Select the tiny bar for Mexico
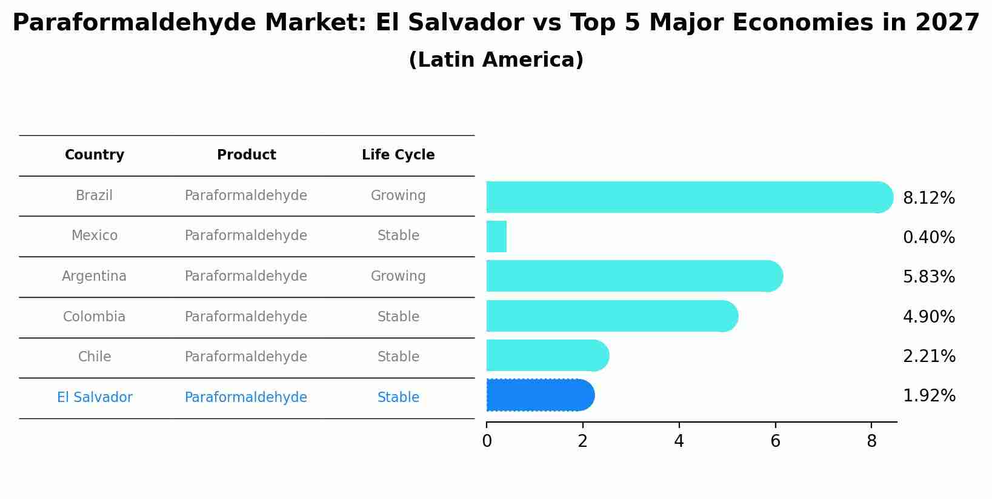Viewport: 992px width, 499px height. [496, 236]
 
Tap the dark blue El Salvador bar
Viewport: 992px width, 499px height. [539, 395]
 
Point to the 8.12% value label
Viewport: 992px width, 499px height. [928, 198]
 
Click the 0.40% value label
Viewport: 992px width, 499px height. [928, 238]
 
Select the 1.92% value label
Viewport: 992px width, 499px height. [928, 396]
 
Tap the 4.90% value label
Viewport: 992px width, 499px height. [928, 317]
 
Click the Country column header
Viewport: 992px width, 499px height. [95, 155]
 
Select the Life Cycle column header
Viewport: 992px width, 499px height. [398, 155]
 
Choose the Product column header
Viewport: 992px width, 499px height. [246, 155]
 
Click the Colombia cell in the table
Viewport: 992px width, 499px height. [95, 317]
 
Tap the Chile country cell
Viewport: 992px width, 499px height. [95, 357]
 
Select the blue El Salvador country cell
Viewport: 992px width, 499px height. [95, 398]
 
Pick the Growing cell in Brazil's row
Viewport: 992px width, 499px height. [398, 196]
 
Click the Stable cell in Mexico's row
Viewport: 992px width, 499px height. [398, 236]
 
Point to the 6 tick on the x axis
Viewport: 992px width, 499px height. [775, 441]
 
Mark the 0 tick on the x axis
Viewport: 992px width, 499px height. [487, 441]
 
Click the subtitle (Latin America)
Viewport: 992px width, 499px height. [496, 60]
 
